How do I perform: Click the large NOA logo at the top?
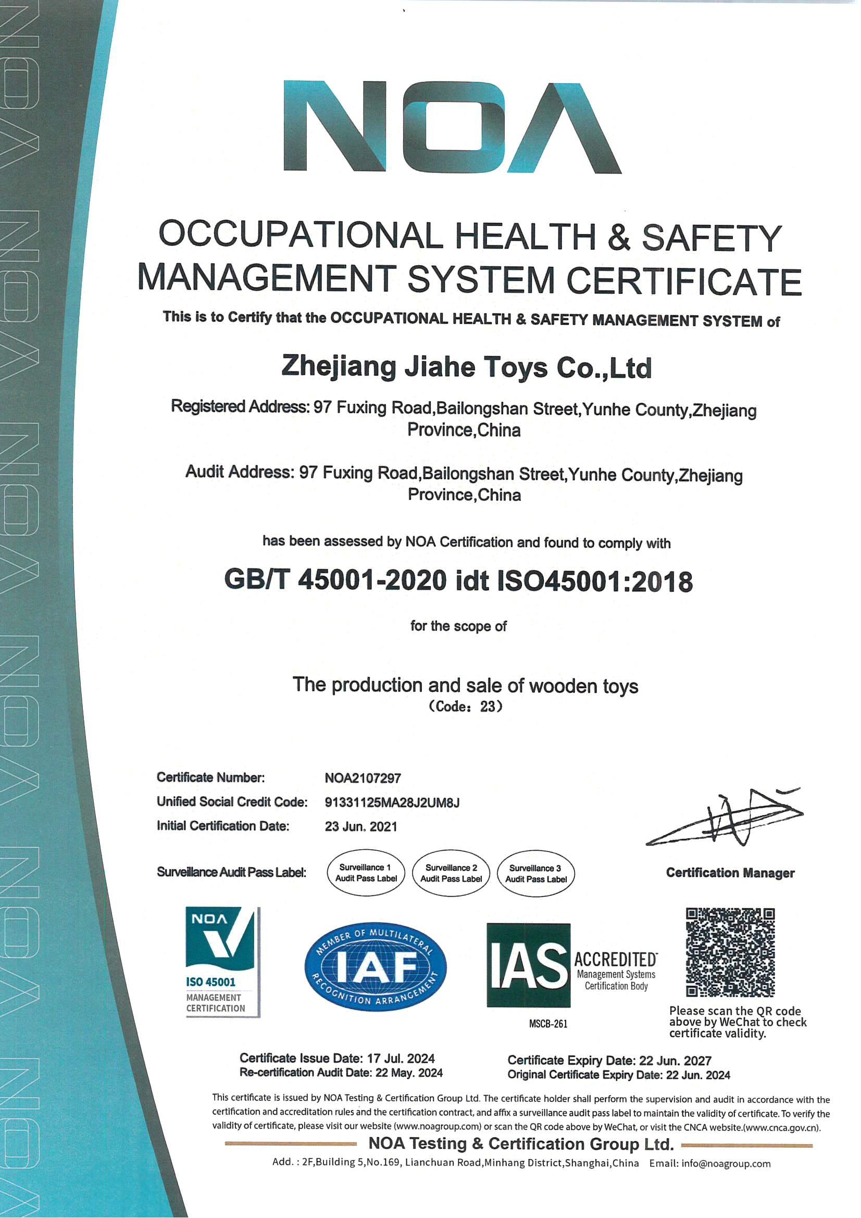[452, 127]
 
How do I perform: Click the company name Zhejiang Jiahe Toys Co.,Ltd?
[466, 367]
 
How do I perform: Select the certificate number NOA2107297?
[363, 778]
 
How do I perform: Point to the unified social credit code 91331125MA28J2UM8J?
[392, 802]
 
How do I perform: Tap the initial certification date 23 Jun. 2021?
[361, 826]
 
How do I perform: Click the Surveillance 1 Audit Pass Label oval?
[366, 873]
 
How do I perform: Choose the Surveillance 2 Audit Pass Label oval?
[451, 873]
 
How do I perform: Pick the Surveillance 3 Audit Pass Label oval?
[535, 874]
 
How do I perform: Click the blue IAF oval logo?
[376, 966]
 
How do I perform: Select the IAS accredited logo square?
[528, 965]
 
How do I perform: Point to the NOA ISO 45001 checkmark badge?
[222, 961]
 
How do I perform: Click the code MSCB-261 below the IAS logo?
[548, 1024]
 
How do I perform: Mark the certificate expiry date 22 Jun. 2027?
[675, 1061]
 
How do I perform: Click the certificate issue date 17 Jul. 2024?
[401, 1058]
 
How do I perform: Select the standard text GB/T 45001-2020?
[335, 580]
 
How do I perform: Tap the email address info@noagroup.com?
[726, 1163]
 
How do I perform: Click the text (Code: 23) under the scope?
[465, 706]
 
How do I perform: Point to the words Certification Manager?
[730, 873]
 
